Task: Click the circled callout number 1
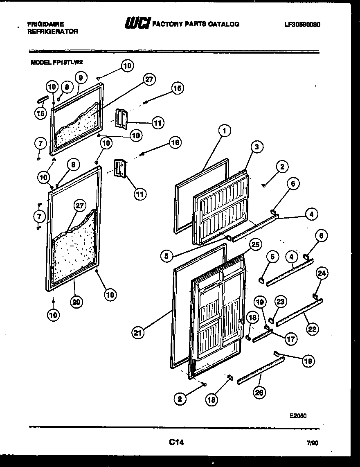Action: point(224,131)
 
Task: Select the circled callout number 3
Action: point(257,147)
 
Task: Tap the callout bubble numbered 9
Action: point(80,77)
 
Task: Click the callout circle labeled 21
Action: point(139,333)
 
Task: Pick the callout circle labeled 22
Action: point(312,328)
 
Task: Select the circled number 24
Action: point(322,273)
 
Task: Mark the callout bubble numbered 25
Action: point(255,245)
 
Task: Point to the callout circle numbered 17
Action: point(291,338)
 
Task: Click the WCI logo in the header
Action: point(137,24)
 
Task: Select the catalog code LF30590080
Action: point(302,24)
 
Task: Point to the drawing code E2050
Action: point(298,415)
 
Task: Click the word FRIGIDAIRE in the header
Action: point(45,24)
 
